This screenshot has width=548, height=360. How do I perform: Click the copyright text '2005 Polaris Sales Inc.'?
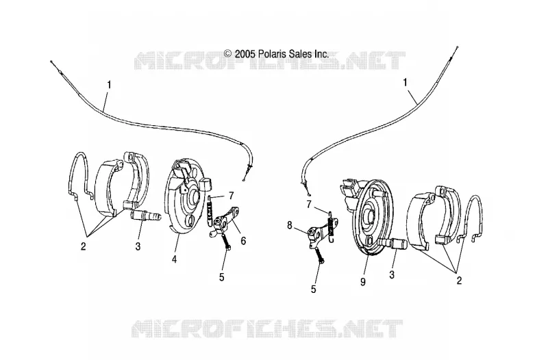[x=282, y=54]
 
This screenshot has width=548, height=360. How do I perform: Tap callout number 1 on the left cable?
[x=110, y=85]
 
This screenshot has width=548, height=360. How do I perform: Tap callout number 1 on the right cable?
[x=406, y=83]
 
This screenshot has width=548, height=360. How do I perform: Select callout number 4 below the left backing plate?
[x=174, y=259]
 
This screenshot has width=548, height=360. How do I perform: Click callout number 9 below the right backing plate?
[x=363, y=282]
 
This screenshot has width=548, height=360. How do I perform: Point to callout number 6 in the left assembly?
[x=243, y=241]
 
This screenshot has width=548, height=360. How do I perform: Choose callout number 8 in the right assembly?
[x=289, y=226]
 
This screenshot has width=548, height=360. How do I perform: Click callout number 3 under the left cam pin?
[x=138, y=246]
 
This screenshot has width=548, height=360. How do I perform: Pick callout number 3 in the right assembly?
[x=392, y=275]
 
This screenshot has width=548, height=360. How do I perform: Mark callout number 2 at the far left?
[x=83, y=246]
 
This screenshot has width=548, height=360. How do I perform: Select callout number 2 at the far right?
[x=459, y=281]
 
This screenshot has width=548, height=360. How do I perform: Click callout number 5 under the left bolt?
[x=221, y=277]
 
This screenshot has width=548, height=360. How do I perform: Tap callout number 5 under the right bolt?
[x=314, y=289]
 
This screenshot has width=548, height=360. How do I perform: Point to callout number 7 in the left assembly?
[x=231, y=196]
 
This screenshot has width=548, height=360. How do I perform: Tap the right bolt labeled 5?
[x=320, y=255]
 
